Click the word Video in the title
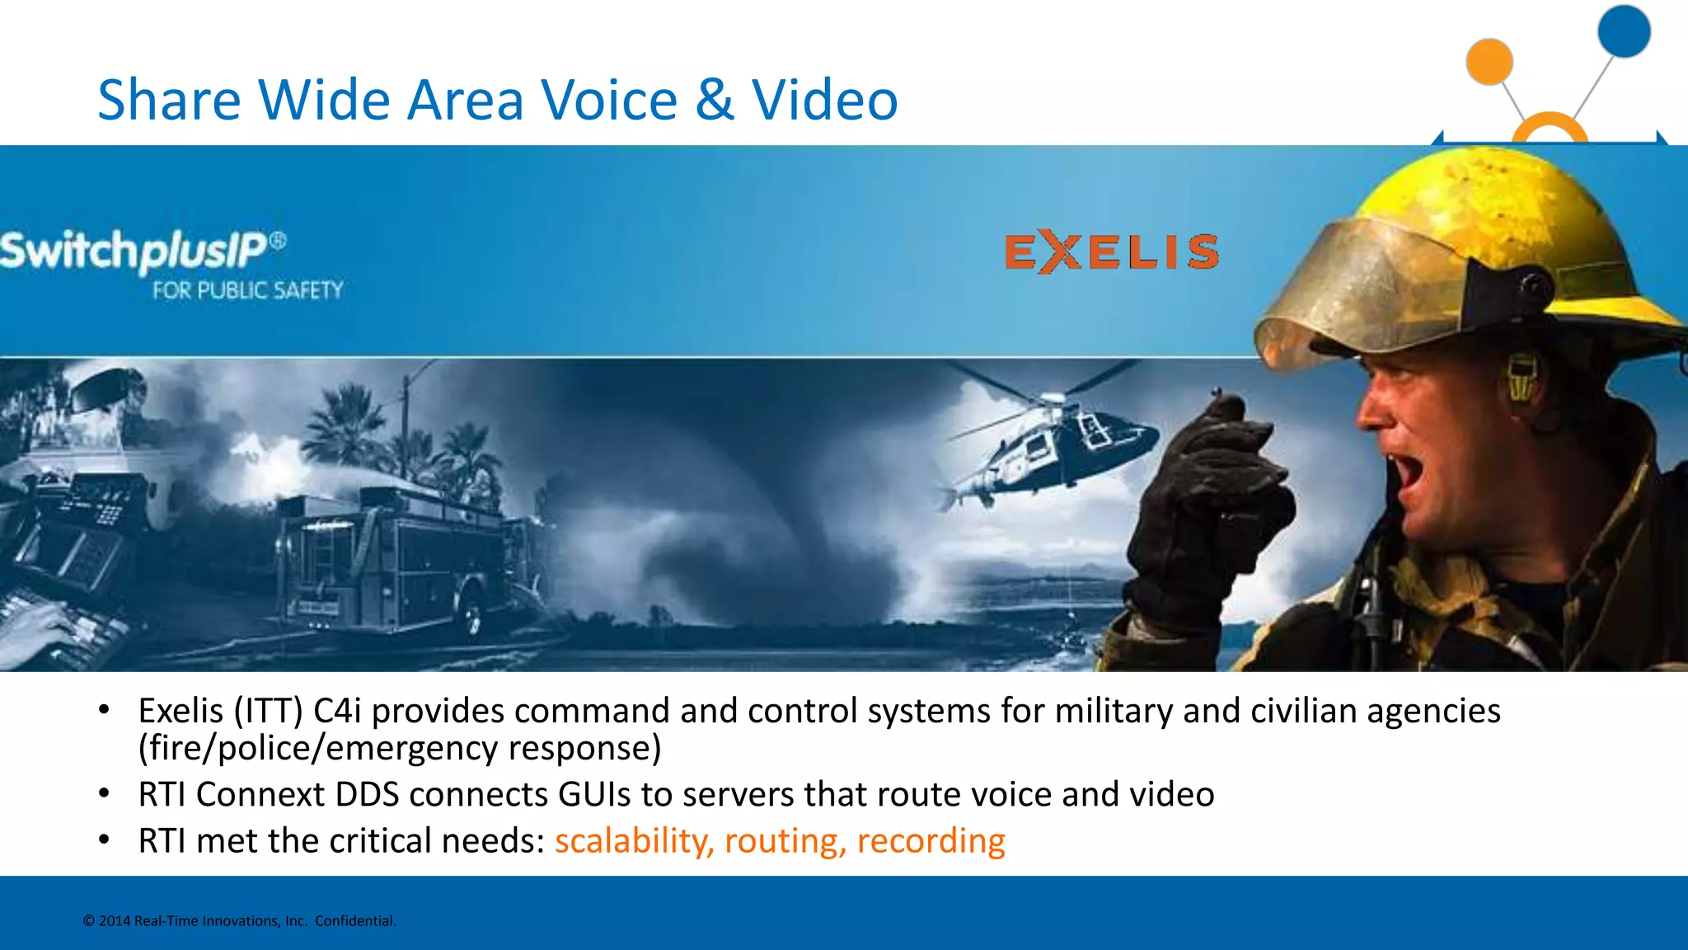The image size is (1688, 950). [x=824, y=101]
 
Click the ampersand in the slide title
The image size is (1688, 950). [x=714, y=101]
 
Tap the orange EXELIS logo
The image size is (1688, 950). [x=1111, y=252]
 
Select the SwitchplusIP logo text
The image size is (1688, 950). [x=136, y=250]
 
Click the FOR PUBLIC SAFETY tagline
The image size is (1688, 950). [x=247, y=290]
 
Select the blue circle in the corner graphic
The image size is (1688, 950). [x=1623, y=31]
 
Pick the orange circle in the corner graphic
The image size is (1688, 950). [x=1489, y=62]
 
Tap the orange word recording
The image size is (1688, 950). [x=931, y=841]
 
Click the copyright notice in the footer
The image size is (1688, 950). [x=240, y=921]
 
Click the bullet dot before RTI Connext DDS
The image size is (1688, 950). [x=104, y=793]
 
